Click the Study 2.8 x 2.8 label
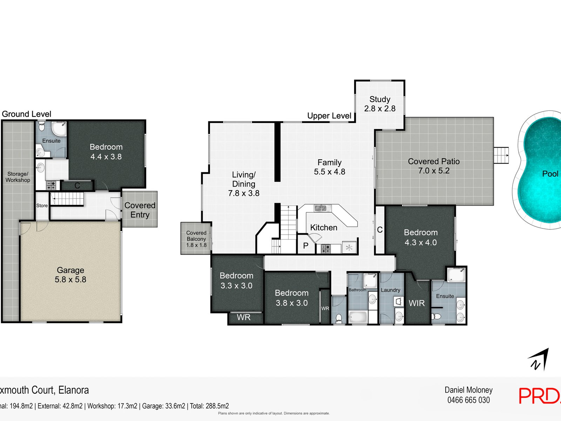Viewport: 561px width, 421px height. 380,104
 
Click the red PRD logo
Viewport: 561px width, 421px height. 540,396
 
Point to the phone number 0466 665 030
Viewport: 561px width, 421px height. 468,400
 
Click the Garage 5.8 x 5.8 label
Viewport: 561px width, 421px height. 70,275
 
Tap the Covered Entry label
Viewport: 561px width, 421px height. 140,210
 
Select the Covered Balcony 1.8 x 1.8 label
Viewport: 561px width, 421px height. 196,239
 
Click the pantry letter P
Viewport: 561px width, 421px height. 305,246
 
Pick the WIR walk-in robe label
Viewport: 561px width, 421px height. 417,303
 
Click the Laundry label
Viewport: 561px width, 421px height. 390,290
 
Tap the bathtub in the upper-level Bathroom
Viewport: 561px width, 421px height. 358,317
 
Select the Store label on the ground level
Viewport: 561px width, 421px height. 42,206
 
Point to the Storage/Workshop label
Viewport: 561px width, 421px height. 18,177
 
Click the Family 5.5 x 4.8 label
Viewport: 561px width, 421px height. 330,167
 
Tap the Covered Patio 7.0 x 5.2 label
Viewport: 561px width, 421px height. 434,166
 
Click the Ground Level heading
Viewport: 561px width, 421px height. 26,114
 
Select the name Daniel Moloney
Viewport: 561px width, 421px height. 468,390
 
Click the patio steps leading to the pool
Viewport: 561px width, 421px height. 501,155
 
